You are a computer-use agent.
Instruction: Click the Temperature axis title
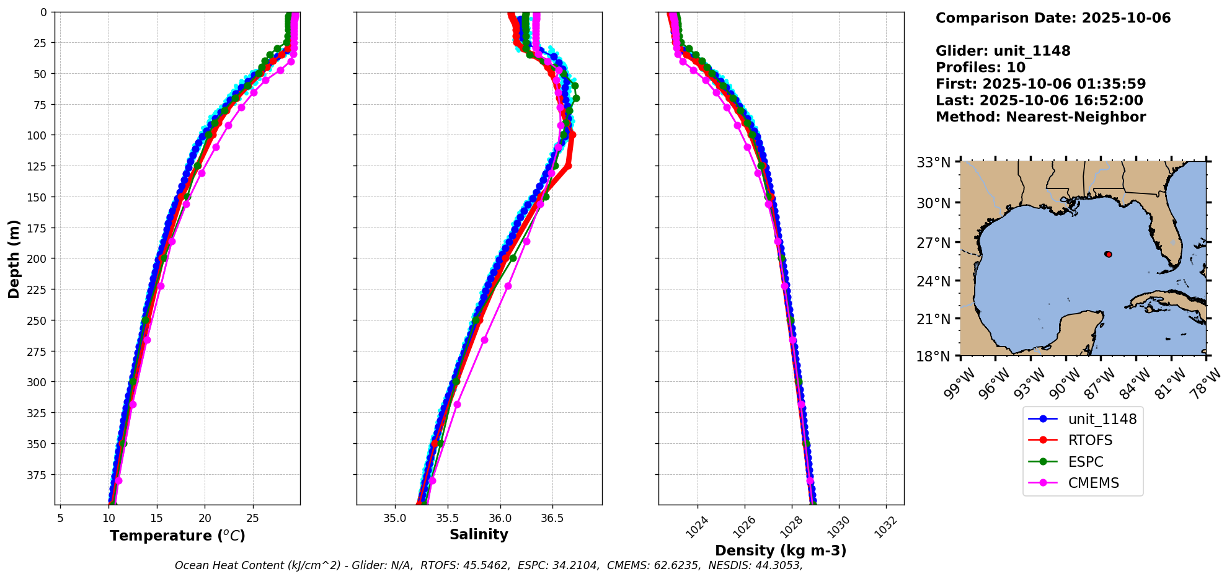click(x=177, y=536)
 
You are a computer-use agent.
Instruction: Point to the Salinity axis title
click(x=479, y=534)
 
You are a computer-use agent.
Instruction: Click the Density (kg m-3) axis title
click(x=781, y=550)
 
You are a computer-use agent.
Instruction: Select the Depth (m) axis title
click(x=14, y=259)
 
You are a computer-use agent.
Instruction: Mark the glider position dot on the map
click(x=1108, y=254)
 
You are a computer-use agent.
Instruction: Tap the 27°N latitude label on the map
click(x=934, y=243)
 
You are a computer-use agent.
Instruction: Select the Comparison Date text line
click(x=1053, y=18)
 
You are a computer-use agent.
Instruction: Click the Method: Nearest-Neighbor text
click(x=1040, y=117)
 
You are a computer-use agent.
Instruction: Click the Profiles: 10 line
click(x=980, y=68)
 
